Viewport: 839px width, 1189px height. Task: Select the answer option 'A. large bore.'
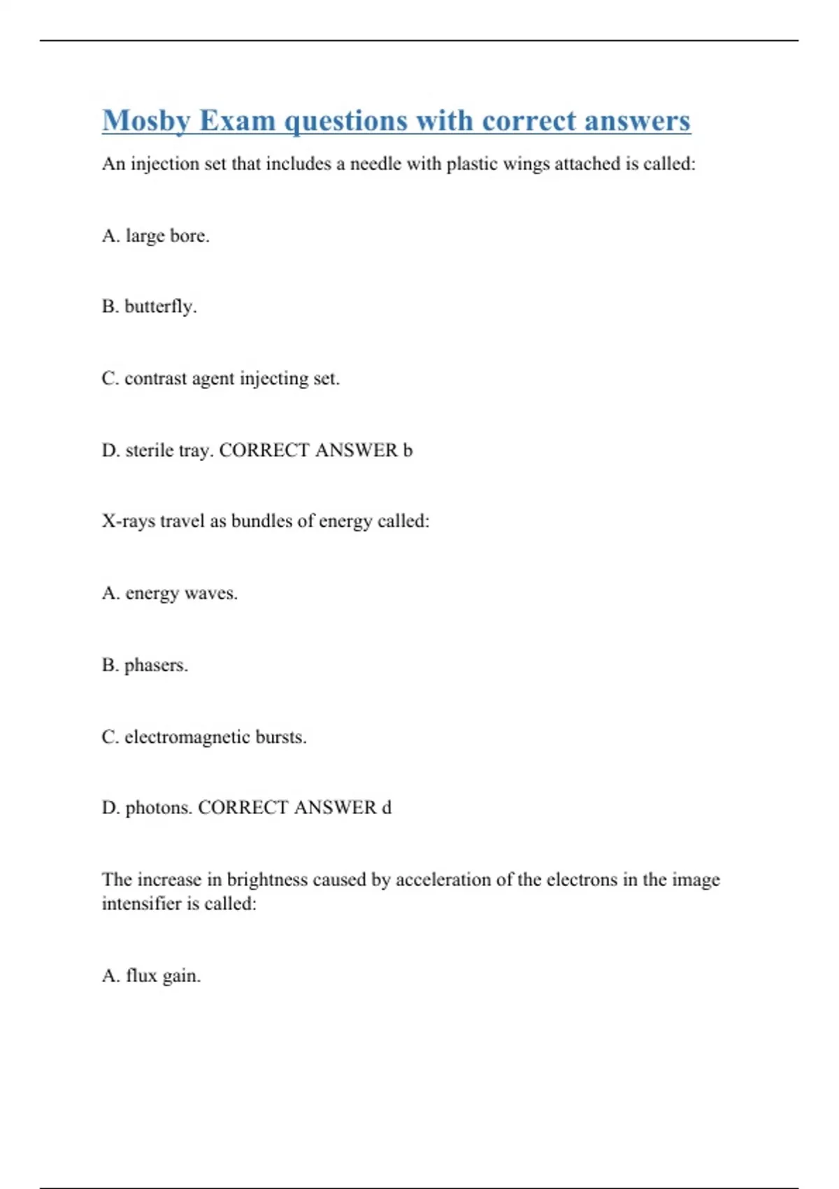(155, 236)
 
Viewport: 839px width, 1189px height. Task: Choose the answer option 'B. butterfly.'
(149, 306)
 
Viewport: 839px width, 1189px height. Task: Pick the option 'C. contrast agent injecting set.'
(220, 378)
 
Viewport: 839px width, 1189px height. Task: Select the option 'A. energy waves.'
(169, 593)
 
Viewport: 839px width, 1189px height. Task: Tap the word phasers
(155, 665)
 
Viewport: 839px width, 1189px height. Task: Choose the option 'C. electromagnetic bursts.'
(204, 737)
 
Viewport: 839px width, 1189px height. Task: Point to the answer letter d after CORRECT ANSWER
(386, 808)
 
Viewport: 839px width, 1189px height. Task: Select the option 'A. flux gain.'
(151, 976)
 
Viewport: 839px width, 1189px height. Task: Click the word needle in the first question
(375, 164)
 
